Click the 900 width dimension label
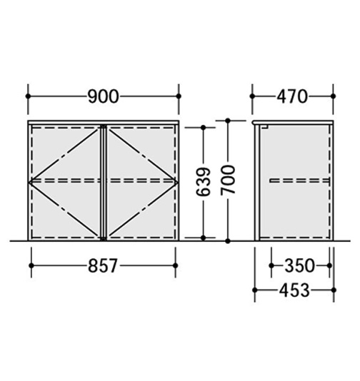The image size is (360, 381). [x=103, y=96]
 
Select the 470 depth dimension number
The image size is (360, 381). [x=292, y=96]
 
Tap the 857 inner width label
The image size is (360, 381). [x=103, y=265]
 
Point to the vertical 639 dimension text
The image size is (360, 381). [x=204, y=181]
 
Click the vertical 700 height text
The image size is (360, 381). [x=228, y=180]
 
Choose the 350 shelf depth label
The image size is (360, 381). [x=300, y=265]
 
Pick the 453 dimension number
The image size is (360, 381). [x=294, y=290]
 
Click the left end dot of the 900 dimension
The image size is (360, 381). [x=28, y=96]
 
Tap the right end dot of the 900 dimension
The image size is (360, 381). [x=179, y=96]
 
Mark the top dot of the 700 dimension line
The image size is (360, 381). [x=228, y=121]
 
